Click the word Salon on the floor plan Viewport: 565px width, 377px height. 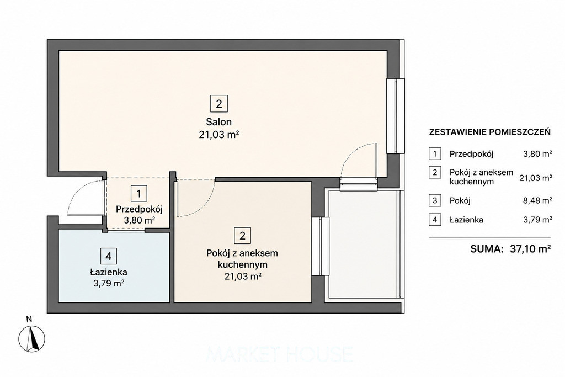218,121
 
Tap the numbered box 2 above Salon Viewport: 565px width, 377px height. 218,104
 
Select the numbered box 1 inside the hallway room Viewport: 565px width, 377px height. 139,194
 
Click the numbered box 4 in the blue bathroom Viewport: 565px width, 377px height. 109,257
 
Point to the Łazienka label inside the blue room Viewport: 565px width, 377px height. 109,273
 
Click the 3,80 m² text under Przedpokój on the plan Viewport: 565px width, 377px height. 140,220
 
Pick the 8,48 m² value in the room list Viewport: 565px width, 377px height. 537,200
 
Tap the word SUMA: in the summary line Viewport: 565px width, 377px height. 487,249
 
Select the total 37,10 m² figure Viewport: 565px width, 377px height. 530,249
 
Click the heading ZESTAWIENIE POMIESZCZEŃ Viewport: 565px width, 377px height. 490,132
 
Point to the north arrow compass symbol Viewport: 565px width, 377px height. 32,338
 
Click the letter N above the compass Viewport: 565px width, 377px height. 29,318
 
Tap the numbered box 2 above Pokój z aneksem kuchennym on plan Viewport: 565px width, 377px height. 242,236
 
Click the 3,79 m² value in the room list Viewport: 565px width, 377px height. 537,220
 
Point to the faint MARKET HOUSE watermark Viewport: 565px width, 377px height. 280,354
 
